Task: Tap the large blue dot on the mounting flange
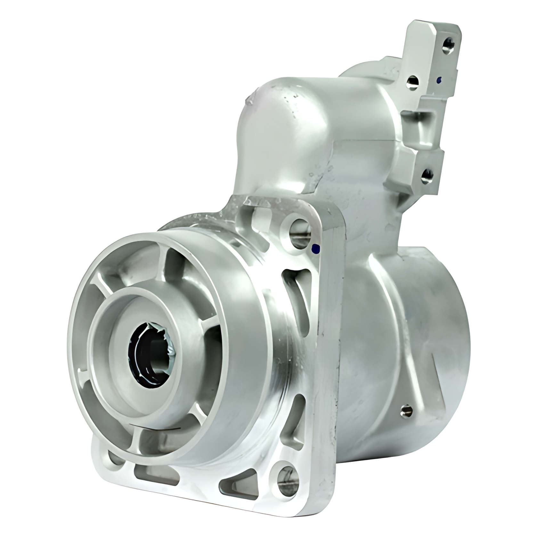click(x=316, y=248)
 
